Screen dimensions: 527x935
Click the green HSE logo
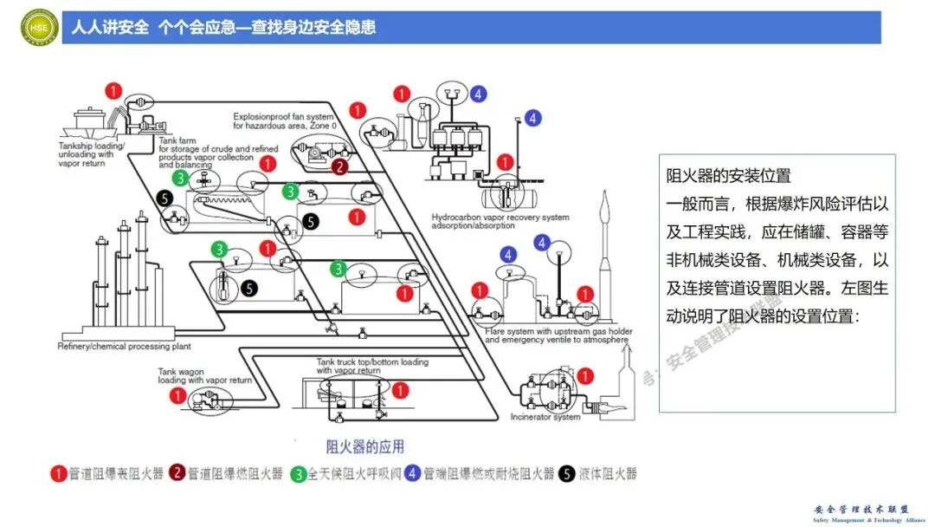pos(39,27)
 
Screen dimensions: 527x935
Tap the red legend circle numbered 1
pos(58,473)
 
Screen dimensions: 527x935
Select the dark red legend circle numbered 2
pos(177,473)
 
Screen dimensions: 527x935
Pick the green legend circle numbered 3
pos(298,473)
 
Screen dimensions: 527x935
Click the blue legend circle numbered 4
pos(412,473)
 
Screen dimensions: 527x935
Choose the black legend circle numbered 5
pos(566,473)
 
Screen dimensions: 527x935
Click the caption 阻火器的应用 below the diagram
pos(364,446)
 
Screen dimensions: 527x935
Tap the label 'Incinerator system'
pos(545,417)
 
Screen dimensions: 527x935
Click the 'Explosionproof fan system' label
pos(283,116)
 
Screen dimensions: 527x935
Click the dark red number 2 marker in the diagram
pos(340,166)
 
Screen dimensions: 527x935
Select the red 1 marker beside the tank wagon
pos(177,395)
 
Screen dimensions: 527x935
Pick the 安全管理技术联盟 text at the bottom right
pos(861,510)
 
